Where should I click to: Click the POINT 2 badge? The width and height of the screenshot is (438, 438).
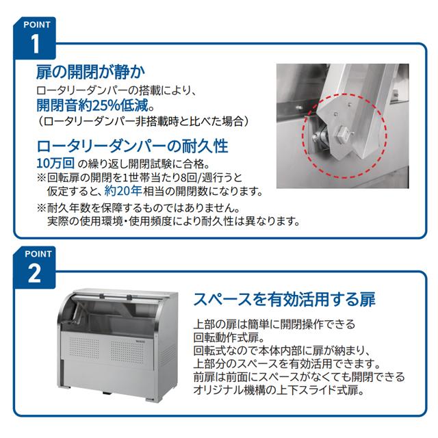(x=35, y=266)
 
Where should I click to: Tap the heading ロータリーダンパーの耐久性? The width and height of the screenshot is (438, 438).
(x=131, y=146)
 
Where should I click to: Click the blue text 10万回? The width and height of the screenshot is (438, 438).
(x=55, y=164)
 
